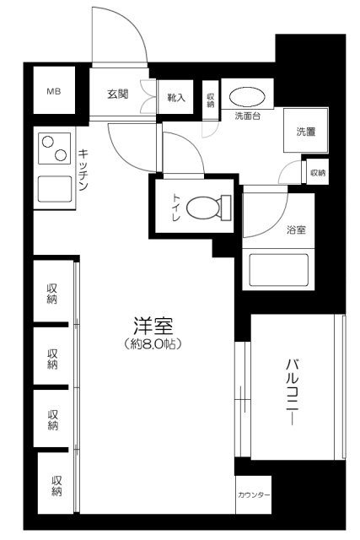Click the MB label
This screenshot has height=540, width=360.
[53, 92]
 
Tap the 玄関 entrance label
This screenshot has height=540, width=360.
[117, 94]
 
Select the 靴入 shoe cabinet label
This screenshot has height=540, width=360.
[176, 98]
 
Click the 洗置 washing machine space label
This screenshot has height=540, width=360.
[304, 132]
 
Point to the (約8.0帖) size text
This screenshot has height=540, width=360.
[153, 344]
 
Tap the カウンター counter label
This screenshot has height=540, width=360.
[253, 494]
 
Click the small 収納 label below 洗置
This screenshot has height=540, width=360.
[317, 172]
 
